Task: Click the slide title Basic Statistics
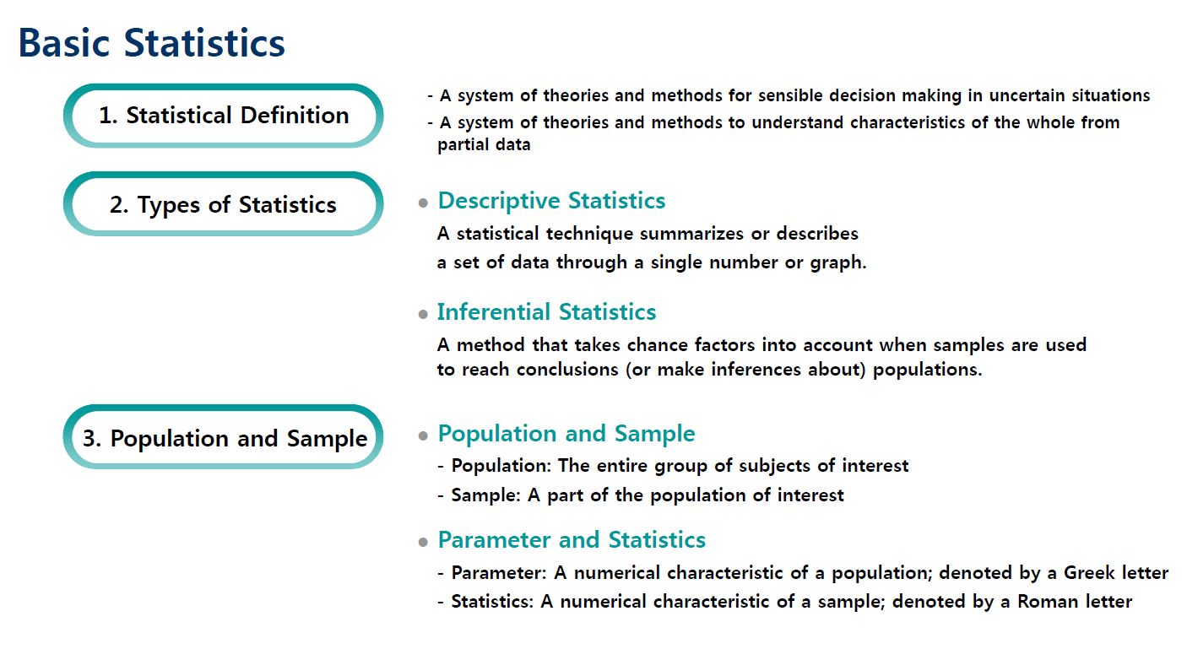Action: tap(152, 43)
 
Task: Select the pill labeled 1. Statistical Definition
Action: tap(224, 116)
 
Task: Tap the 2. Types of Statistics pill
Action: tap(224, 204)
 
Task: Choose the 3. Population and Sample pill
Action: tap(224, 438)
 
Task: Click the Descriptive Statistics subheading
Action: tap(551, 201)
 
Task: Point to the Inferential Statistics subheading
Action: tap(546, 312)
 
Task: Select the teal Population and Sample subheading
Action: tap(566, 434)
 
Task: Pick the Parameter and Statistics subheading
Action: tap(572, 540)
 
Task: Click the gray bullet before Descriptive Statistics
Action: tap(423, 203)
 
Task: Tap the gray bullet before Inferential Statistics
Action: tap(423, 315)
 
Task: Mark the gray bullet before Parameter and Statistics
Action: tap(423, 543)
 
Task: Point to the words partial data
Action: tap(484, 144)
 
